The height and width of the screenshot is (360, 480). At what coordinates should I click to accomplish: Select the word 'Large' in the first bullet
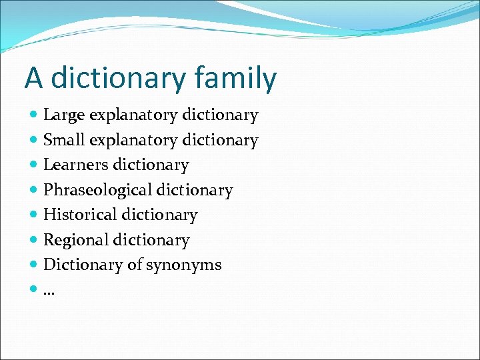point(64,116)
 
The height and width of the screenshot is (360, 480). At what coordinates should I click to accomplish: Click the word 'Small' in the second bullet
point(64,141)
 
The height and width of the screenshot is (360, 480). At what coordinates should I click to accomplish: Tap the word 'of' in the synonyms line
point(135,265)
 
